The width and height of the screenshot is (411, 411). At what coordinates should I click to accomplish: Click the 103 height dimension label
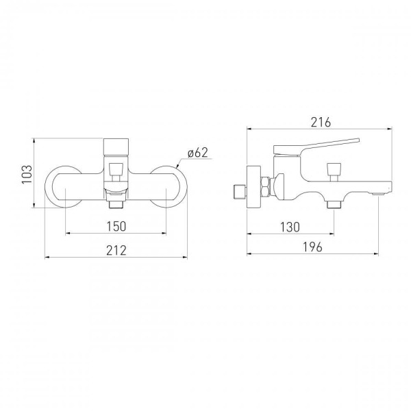27,174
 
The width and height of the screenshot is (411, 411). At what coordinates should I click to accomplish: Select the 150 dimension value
116,226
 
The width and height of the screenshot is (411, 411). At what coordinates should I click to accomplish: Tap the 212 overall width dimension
116,250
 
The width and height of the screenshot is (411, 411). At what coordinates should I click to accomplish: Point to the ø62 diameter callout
198,153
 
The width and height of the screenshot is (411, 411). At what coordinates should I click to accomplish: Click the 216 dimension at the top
321,122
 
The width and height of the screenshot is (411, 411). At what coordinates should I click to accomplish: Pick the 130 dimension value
290,227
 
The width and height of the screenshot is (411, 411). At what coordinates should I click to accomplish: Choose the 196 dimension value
312,247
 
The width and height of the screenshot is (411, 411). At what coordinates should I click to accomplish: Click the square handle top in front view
116,147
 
